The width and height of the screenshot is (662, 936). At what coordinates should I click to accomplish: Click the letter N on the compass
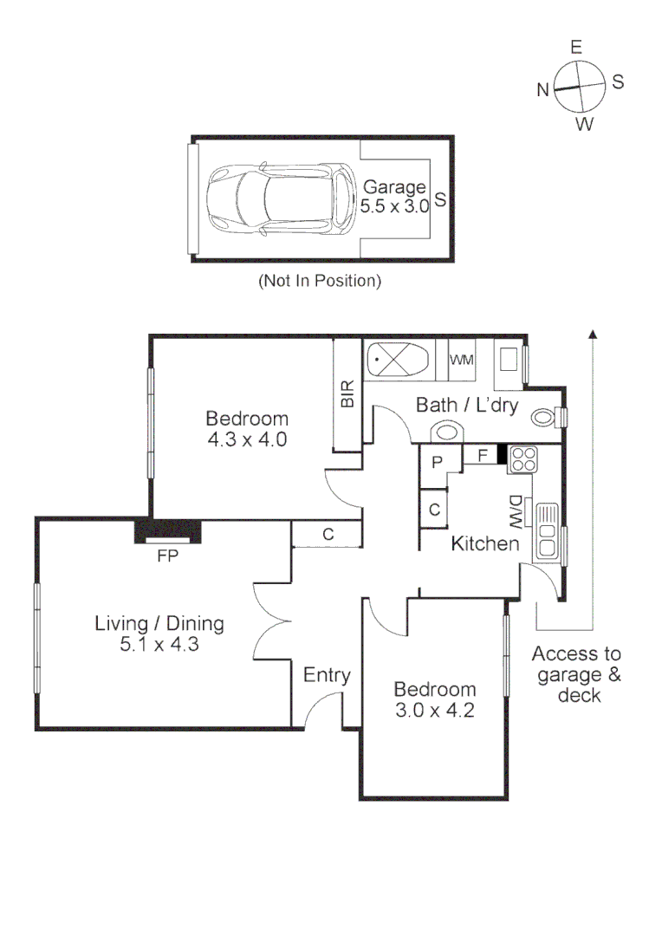542,89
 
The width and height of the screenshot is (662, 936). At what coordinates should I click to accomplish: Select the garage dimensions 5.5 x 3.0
395,206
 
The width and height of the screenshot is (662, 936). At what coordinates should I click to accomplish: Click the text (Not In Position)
319,281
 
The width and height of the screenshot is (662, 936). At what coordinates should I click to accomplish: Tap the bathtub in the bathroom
398,360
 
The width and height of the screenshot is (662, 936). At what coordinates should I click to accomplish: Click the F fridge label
482,452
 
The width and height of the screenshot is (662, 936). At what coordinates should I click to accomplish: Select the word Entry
327,676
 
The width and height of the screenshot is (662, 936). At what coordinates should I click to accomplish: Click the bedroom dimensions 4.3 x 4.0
247,439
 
